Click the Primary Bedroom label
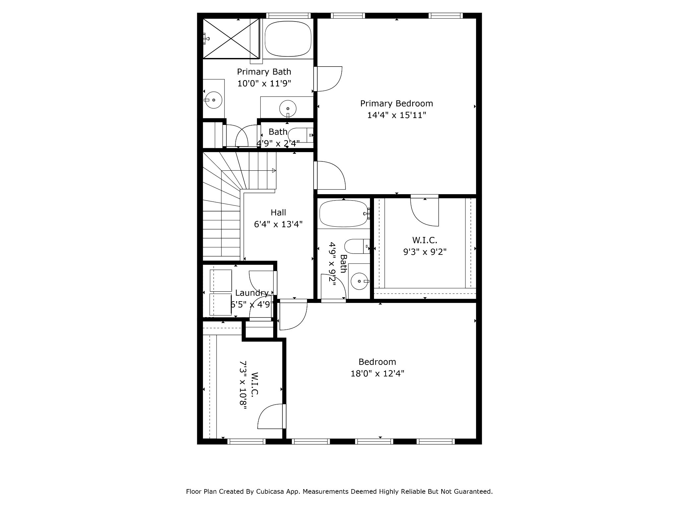click(x=397, y=104)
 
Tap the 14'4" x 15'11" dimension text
click(x=397, y=115)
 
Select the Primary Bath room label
click(x=264, y=72)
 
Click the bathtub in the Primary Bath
click(x=288, y=39)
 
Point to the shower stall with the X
click(x=231, y=39)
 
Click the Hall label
click(x=278, y=212)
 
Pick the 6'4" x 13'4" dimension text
click(x=278, y=224)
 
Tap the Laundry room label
click(x=252, y=293)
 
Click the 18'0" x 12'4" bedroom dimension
click(x=377, y=374)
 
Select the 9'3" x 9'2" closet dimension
click(x=425, y=252)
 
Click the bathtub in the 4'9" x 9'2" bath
click(x=343, y=214)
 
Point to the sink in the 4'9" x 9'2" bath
click(x=359, y=281)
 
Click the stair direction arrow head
click(x=274, y=171)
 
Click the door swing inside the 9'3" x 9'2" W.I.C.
click(x=425, y=212)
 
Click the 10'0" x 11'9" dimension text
click(x=264, y=84)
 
